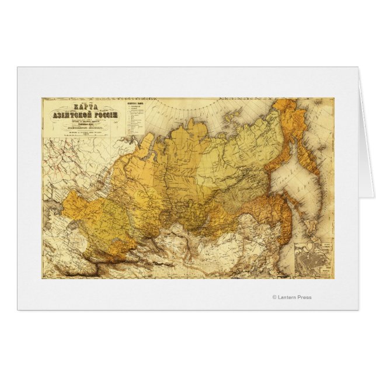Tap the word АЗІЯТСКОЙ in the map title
[71, 116]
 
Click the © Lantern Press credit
[292, 297]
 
